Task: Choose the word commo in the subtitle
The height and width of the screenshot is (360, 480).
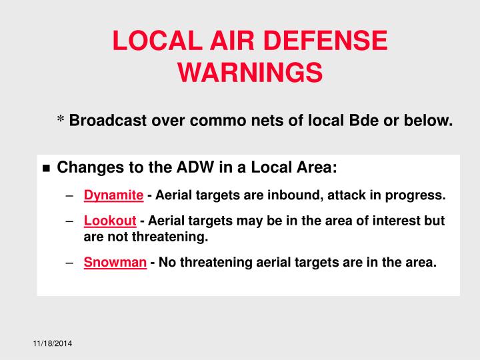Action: (213, 121)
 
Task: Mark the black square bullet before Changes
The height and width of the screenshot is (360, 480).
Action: (46, 168)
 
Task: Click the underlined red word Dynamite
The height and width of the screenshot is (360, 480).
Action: (113, 195)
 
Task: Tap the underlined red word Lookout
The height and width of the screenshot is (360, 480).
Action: (110, 221)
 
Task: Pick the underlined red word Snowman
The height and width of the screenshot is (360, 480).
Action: (115, 262)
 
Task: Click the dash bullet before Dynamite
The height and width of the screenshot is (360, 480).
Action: (70, 196)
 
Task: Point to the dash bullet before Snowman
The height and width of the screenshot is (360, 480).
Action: (70, 263)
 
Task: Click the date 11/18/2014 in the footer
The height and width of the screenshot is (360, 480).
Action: (53, 343)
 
